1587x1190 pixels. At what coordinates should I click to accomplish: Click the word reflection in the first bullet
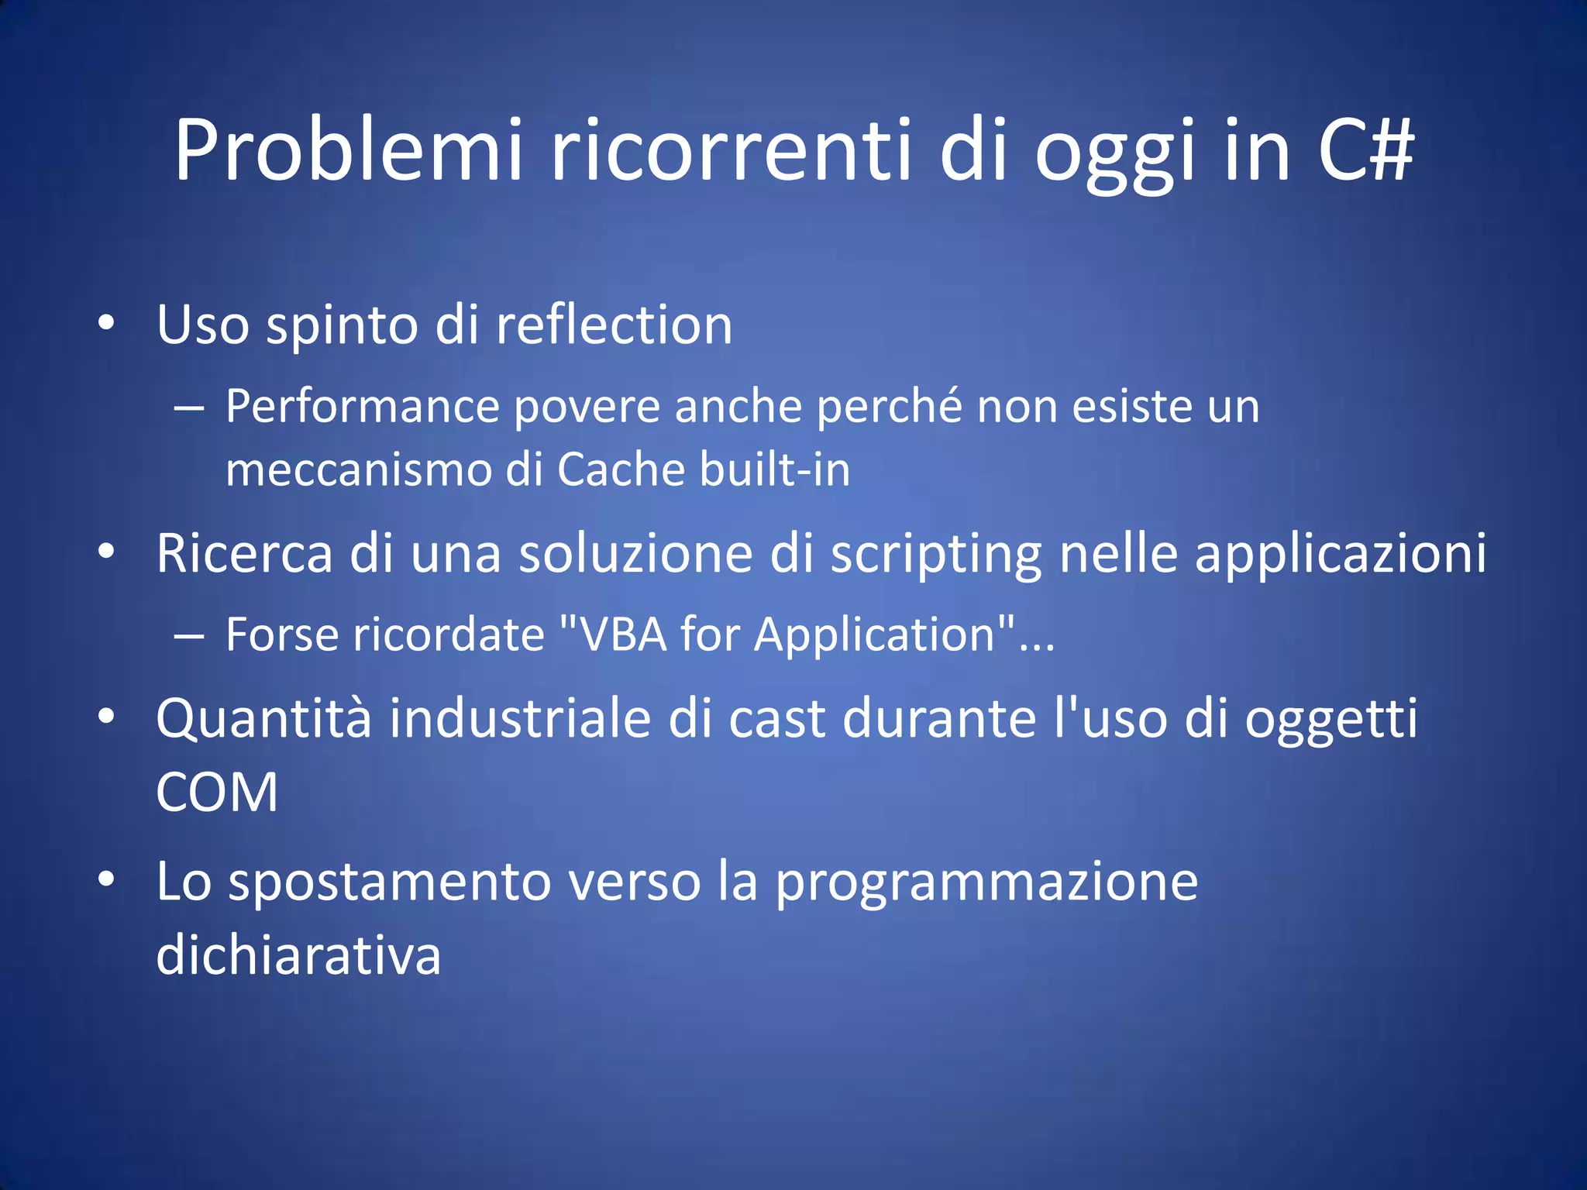[x=614, y=325]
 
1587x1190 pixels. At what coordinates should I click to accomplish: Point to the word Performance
[x=363, y=406]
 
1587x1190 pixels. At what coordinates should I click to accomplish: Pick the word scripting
[x=935, y=555]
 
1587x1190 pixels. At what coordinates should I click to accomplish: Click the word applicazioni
[x=1340, y=555]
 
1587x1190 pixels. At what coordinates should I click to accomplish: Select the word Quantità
[x=264, y=718]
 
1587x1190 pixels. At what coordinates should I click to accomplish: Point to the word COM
[x=217, y=793]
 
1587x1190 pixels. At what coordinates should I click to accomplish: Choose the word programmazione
[x=986, y=883]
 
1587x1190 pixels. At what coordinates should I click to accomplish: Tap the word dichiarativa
[x=298, y=955]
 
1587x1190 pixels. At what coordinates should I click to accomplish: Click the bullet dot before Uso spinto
[x=107, y=323]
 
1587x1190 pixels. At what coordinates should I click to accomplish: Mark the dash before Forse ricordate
[x=188, y=637]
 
